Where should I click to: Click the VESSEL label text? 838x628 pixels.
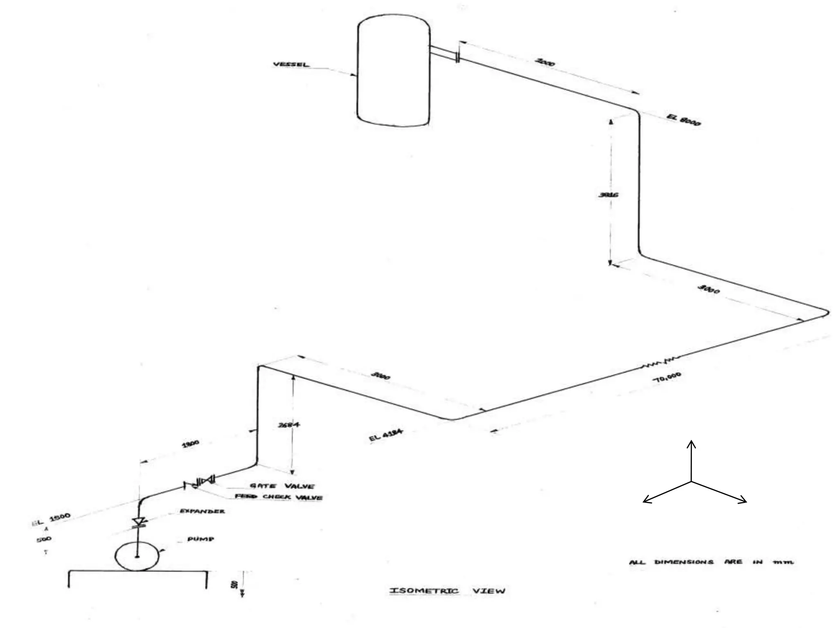click(x=291, y=65)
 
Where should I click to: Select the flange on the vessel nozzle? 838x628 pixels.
click(x=457, y=57)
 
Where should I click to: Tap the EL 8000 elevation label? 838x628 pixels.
click(x=684, y=119)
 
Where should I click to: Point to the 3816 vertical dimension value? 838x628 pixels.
click(x=608, y=195)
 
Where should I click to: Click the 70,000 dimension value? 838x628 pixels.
click(x=667, y=378)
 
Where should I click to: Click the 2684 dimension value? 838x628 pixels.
click(x=289, y=425)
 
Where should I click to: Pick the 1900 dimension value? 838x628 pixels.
click(x=190, y=444)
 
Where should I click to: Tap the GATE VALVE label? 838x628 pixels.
click(x=282, y=486)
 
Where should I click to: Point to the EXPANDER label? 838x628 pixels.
click(x=202, y=511)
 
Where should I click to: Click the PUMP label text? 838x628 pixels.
click(x=200, y=539)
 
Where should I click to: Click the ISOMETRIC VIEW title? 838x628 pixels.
click(x=447, y=591)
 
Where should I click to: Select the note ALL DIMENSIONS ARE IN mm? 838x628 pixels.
click(x=711, y=562)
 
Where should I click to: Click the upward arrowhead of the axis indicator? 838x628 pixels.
click(x=692, y=443)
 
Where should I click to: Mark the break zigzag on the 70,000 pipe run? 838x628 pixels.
click(x=659, y=362)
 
